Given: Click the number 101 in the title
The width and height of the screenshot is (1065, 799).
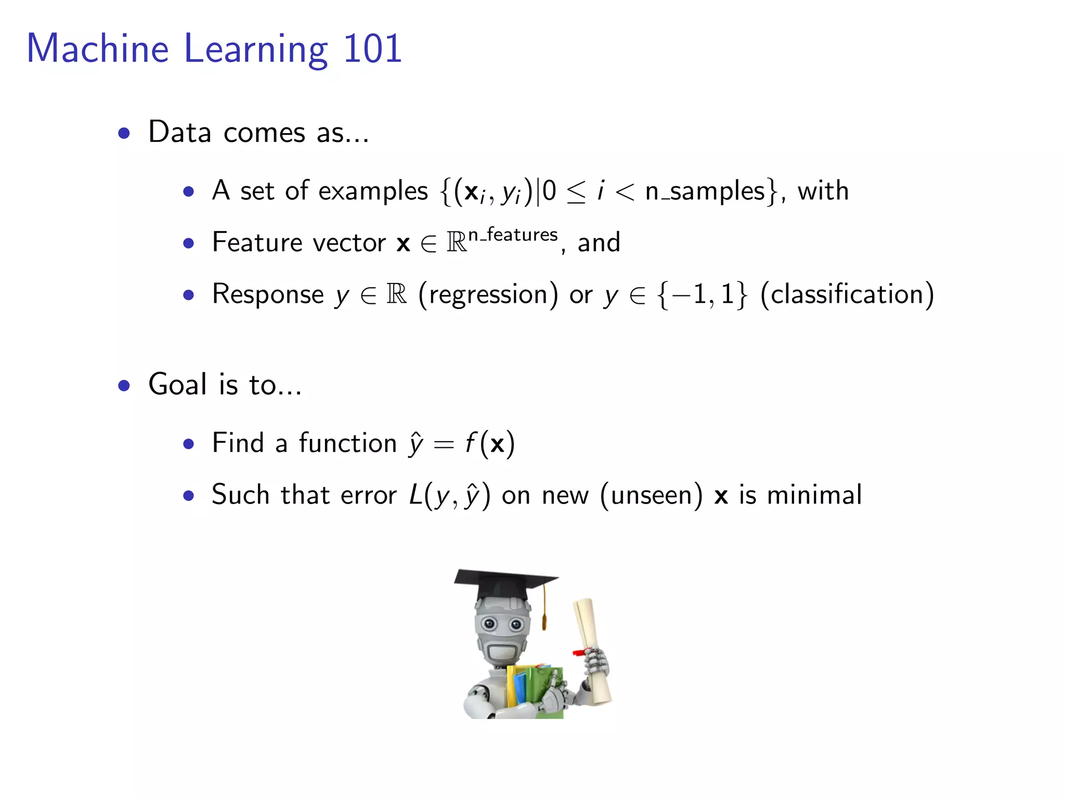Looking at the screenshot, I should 372,48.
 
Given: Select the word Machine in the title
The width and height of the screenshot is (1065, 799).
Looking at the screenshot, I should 98,48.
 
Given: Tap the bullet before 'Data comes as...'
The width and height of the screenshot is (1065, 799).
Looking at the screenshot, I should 124,133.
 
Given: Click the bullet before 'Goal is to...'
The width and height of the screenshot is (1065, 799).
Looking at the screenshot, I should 124,385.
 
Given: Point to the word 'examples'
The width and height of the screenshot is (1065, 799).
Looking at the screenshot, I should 373,191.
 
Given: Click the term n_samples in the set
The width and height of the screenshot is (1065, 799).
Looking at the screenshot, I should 705,191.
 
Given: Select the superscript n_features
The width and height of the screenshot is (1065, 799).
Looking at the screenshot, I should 513,235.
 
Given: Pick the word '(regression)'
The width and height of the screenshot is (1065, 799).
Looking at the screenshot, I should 488,295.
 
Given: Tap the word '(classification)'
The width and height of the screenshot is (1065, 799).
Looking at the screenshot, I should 847,295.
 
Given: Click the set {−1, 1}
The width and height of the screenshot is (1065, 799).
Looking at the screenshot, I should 702,295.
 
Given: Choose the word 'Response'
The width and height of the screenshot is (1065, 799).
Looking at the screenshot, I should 268,295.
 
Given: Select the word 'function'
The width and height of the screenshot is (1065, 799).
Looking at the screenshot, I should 347,444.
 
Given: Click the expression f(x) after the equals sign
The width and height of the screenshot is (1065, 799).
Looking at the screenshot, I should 489,444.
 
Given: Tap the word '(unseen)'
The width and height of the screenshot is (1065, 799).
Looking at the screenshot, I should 651,495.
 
